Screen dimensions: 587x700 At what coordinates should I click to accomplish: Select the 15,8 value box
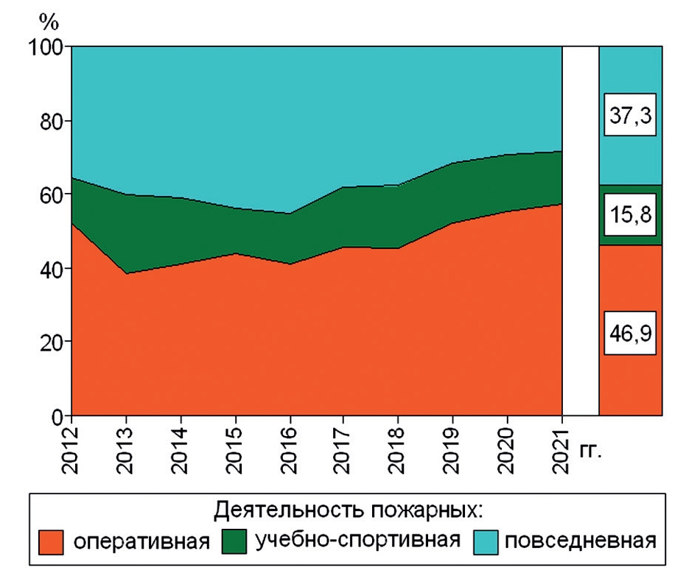(x=630, y=215)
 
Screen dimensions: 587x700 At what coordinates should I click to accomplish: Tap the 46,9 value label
(x=630, y=332)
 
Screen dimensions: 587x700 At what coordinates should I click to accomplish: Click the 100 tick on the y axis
(x=45, y=46)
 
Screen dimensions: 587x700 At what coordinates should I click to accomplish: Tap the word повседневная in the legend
(x=579, y=541)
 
